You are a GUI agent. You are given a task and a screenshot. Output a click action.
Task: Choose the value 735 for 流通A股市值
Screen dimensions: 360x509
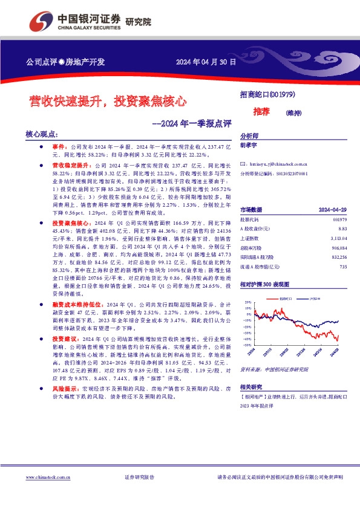coord(342,266)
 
